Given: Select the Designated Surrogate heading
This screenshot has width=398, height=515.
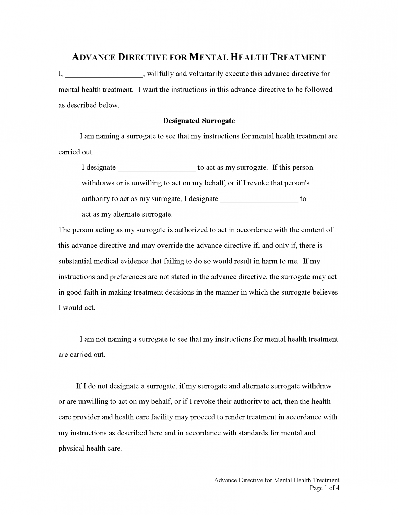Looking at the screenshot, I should click(x=199, y=121).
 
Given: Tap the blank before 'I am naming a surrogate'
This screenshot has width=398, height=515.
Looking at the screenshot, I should click(x=68, y=137).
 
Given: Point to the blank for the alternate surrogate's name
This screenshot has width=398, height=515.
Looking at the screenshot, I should click(x=259, y=199).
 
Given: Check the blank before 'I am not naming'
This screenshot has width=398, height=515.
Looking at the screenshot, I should click(x=68, y=340).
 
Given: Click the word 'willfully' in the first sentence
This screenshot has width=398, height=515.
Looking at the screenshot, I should click(x=160, y=74).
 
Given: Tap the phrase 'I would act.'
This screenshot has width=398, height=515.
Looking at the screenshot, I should click(x=77, y=308).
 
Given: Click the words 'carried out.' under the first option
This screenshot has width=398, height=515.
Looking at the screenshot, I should click(x=76, y=152).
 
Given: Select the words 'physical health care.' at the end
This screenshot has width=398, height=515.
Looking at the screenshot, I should click(x=90, y=448).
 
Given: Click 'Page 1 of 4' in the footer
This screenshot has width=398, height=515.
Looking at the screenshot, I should click(x=324, y=488).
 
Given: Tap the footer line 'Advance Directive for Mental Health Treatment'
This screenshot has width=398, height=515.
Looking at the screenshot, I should click(x=277, y=480).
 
